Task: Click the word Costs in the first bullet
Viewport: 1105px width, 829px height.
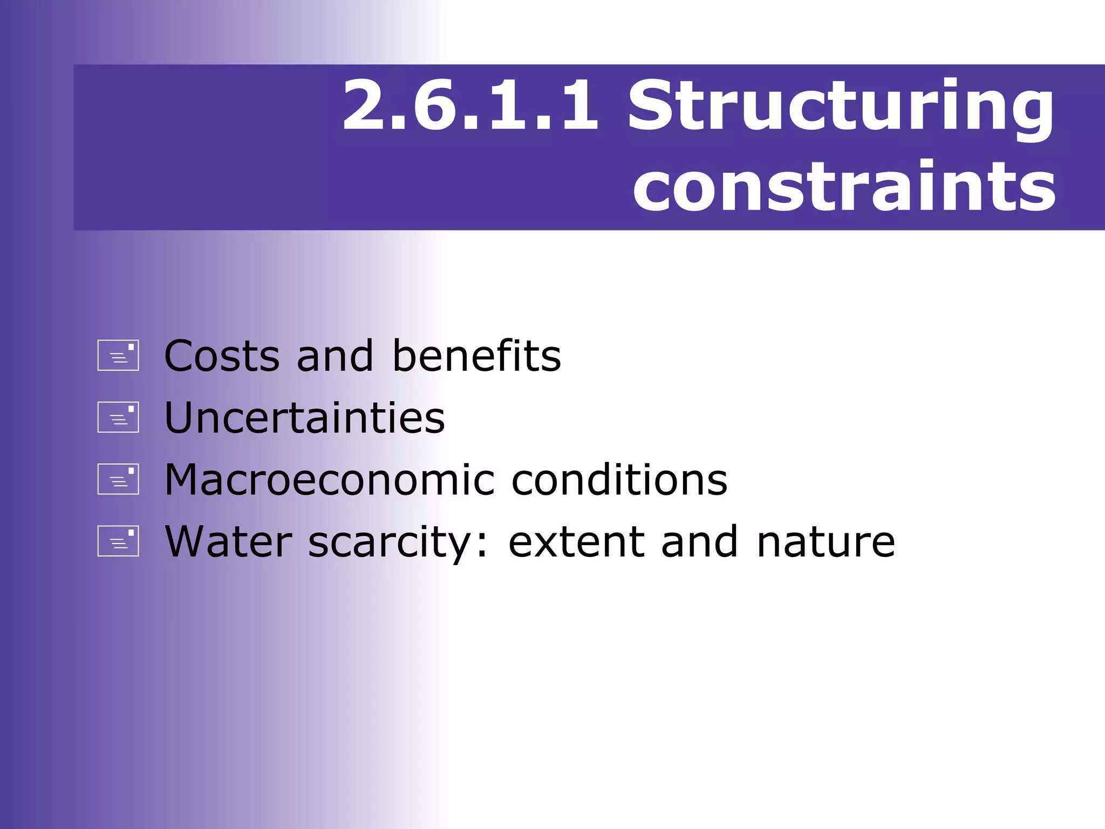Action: pyautogui.click(x=222, y=356)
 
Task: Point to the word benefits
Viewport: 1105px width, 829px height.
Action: pyautogui.click(x=476, y=356)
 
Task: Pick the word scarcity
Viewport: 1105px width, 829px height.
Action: pyautogui.click(x=392, y=542)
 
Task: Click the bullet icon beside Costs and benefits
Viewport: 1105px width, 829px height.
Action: pyautogui.click(x=118, y=355)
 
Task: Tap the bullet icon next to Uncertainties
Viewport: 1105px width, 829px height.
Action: pyautogui.click(x=118, y=417)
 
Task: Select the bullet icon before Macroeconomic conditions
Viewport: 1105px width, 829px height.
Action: pyautogui.click(x=118, y=479)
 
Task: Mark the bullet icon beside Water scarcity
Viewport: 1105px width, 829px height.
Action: pyautogui.click(x=118, y=541)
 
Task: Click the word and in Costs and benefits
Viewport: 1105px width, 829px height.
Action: pyautogui.click(x=335, y=356)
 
